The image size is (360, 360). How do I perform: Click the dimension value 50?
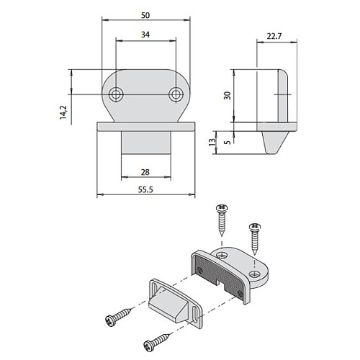pos(145,15)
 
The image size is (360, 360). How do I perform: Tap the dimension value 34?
pos(145,35)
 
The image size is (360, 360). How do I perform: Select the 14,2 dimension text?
pos(63,112)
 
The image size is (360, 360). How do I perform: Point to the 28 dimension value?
pos(145,172)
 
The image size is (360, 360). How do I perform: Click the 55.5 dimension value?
pos(145,189)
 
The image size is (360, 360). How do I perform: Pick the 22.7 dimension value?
pos(274,36)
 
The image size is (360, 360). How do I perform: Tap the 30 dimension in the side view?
pos(227,96)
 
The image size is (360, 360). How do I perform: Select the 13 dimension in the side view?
pos(212,142)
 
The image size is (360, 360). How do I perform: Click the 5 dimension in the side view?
pos(227,142)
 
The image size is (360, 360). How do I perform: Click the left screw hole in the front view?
pos(116,94)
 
